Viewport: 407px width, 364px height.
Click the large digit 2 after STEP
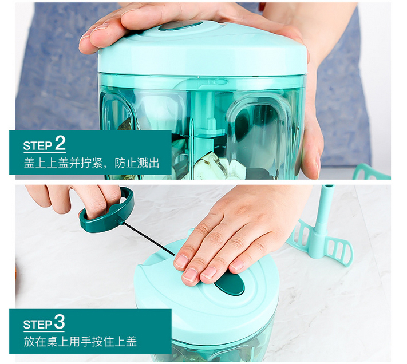(x=60, y=143)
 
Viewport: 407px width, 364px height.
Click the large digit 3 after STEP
(x=60, y=322)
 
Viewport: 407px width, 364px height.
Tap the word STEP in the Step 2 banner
(x=38, y=146)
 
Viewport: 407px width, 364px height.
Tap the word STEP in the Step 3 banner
(x=38, y=325)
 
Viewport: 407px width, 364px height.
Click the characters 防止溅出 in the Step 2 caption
(x=137, y=163)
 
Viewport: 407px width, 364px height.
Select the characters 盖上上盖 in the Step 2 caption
(x=46, y=163)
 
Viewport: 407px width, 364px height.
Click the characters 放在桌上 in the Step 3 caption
(x=46, y=342)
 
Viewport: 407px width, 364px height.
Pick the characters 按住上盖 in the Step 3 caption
(x=114, y=342)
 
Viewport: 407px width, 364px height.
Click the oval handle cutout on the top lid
(x=180, y=26)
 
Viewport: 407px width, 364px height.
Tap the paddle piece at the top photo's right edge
(x=371, y=172)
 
